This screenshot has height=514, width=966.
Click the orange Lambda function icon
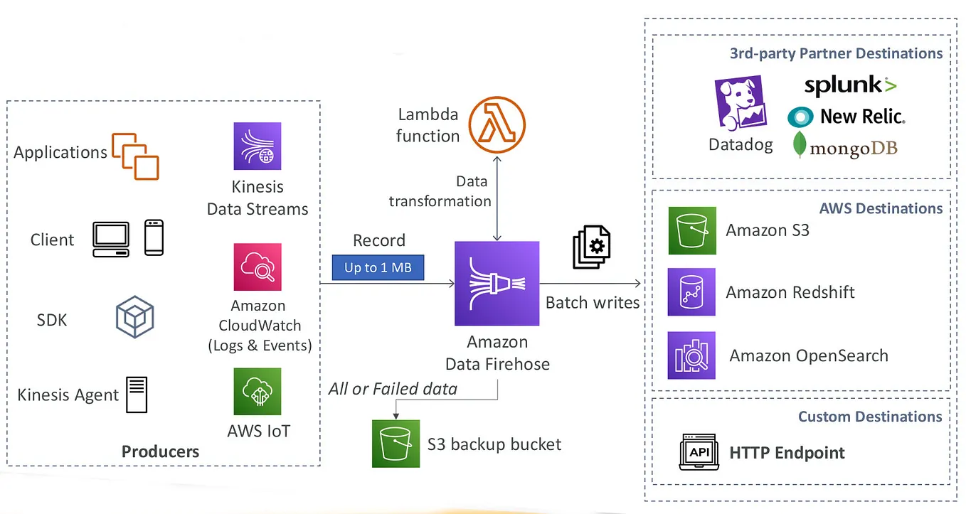[x=497, y=124]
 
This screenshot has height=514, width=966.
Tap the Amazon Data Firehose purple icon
[x=497, y=283]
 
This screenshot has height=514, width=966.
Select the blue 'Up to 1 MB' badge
[x=378, y=268]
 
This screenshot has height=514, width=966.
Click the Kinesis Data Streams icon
[x=258, y=146]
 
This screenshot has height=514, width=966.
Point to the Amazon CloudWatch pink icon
[x=258, y=267]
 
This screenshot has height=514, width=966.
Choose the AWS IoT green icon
[x=258, y=391]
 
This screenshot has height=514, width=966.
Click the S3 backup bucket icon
[x=396, y=444]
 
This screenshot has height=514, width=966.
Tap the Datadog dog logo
[x=740, y=103]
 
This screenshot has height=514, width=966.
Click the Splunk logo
[x=850, y=86]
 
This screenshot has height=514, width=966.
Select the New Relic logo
[x=846, y=117]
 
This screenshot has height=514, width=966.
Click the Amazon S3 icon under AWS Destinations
[x=691, y=230]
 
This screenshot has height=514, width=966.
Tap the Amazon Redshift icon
[x=691, y=292]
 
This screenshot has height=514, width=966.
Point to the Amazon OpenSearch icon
[x=691, y=355]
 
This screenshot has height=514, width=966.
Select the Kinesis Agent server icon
[x=137, y=395]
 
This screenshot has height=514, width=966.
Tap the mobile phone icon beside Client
[x=154, y=237]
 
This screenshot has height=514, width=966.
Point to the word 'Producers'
[x=160, y=451]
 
